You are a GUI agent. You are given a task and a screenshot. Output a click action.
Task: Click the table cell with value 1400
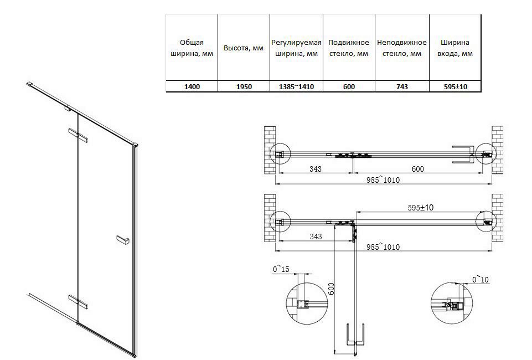coord(192,87)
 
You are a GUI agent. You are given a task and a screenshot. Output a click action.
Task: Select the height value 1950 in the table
coord(244,87)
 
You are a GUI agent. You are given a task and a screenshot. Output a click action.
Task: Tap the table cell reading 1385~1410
coord(296,87)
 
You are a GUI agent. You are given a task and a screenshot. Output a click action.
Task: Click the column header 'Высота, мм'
coord(244,48)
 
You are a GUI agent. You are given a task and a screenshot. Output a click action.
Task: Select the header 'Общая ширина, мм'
coord(192,48)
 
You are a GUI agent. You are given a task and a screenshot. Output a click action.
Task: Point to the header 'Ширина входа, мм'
coord(455,48)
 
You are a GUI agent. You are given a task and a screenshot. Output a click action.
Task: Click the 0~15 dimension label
coord(281,269)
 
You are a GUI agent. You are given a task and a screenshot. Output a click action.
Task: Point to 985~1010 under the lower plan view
coord(384,246)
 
